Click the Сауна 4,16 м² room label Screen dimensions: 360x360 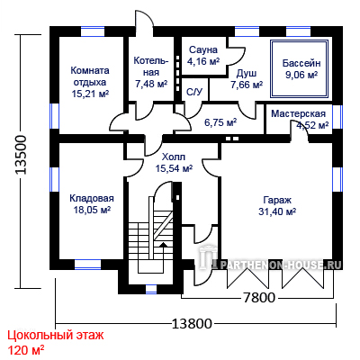point(203,56)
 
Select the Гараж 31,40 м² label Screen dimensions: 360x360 point(277,206)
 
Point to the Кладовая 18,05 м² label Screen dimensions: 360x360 point(92,204)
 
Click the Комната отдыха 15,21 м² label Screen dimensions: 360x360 point(90,82)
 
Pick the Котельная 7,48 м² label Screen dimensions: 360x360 point(151,72)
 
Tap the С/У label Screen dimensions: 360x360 point(194,92)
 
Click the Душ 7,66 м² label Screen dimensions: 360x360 point(247,79)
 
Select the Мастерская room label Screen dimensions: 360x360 point(298,114)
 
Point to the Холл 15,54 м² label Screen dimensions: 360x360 point(174,163)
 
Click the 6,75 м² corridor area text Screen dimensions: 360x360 point(220,122)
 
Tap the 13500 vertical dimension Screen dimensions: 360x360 point(22,155)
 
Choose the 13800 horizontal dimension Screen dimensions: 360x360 point(192,324)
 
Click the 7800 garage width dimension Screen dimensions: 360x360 point(258,298)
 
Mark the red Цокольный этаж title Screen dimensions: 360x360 point(56,335)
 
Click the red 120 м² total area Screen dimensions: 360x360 point(26,350)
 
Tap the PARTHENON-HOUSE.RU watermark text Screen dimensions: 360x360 point(282,265)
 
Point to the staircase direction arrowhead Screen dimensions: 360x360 point(163,245)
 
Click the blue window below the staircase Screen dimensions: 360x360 point(151,290)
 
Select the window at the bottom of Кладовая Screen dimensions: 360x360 point(87,265)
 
